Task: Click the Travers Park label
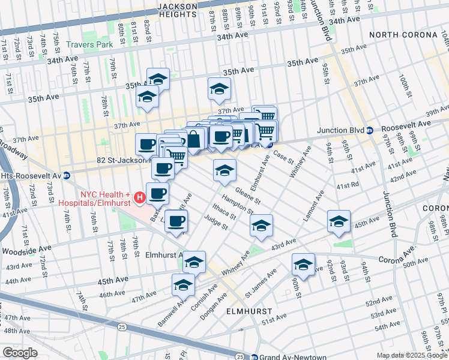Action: tap(89, 44)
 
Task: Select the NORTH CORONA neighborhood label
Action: tap(403, 35)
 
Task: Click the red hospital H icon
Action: tap(139, 196)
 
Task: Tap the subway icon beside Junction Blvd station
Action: tap(370, 130)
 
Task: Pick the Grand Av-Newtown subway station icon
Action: tap(254, 357)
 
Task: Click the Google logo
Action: tap(20, 353)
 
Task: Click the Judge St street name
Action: tap(216, 224)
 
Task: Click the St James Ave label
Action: tap(260, 283)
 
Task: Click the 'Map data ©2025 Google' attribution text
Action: tap(412, 355)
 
